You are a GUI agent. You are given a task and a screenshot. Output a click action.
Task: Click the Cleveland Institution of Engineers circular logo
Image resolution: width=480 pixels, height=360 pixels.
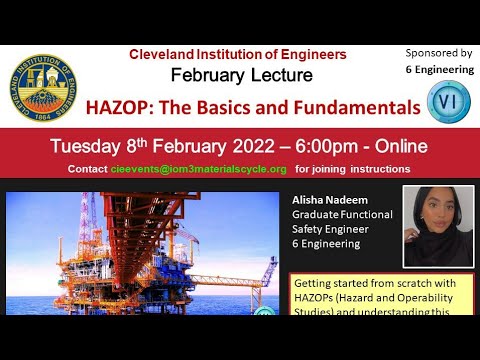(42, 86)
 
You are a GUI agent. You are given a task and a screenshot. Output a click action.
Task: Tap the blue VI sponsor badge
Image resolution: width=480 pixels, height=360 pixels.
(444, 100)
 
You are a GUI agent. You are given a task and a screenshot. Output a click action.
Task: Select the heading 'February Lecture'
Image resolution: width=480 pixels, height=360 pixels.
(241, 75)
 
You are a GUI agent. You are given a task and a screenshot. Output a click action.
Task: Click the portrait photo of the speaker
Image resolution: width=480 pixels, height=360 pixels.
(438, 227)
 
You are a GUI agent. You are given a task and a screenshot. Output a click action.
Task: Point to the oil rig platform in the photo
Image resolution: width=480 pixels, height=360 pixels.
(150, 255)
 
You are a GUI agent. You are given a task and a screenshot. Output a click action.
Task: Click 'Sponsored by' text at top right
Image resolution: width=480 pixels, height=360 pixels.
(439, 52)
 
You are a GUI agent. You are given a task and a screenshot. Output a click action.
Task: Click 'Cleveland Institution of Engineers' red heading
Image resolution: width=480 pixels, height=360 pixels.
(238, 54)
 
